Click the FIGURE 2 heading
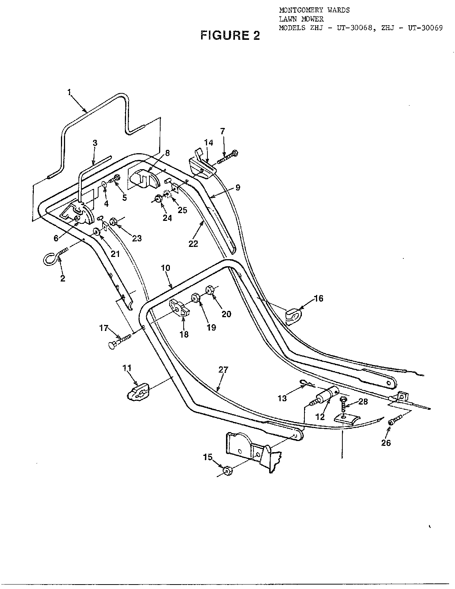click(x=230, y=35)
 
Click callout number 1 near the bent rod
click(x=69, y=93)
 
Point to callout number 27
click(x=223, y=370)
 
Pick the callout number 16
click(x=319, y=299)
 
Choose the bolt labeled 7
click(x=227, y=157)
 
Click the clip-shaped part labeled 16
click(x=293, y=316)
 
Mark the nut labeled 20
click(x=210, y=290)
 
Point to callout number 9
click(x=238, y=187)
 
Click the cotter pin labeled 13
click(x=307, y=382)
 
